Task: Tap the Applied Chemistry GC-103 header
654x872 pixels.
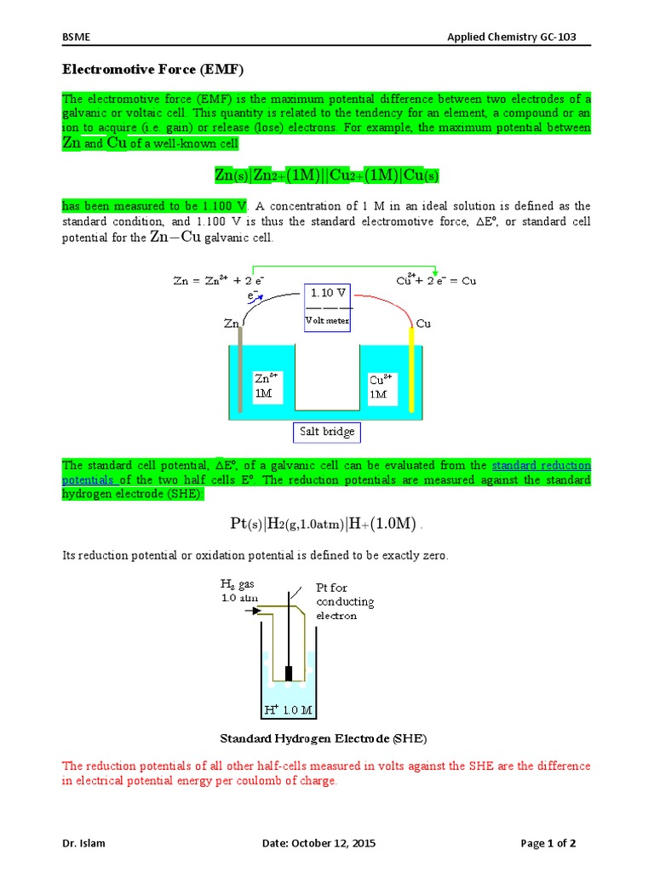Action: pyautogui.click(x=519, y=37)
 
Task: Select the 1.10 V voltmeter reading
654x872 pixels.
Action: pyautogui.click(x=327, y=292)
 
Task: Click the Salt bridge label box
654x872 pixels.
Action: pyautogui.click(x=326, y=433)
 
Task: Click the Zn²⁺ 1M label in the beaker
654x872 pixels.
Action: pyautogui.click(x=266, y=385)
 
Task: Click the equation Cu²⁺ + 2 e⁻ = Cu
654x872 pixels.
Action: pyautogui.click(x=436, y=281)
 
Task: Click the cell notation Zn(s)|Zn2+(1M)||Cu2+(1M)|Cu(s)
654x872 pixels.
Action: pyautogui.click(x=326, y=175)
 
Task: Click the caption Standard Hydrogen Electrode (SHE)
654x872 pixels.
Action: pyautogui.click(x=324, y=737)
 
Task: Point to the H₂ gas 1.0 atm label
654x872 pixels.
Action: pyautogui.click(x=238, y=590)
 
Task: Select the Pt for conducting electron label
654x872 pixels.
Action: pyautogui.click(x=344, y=601)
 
